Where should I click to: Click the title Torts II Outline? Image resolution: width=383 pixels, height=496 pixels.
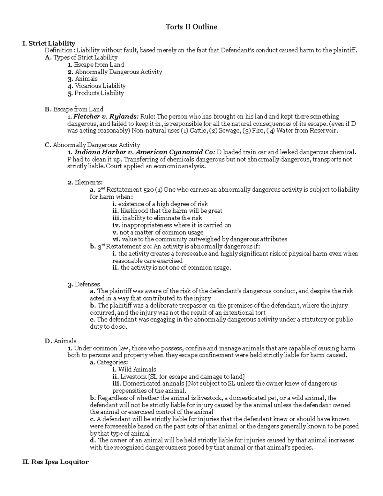coord(191,27)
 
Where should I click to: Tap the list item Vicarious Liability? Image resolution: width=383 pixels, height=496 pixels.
coord(100,86)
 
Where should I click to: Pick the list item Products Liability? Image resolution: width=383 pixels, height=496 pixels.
coord(99,93)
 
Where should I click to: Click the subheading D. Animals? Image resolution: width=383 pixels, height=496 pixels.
coord(61,341)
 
